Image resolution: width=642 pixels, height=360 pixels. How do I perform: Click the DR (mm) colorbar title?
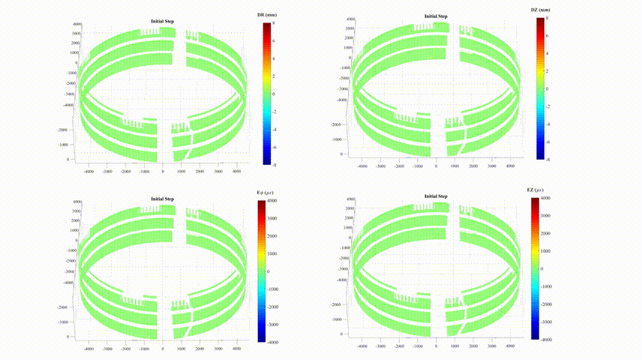click(x=266, y=15)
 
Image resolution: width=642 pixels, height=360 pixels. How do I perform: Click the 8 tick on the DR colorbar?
click(x=274, y=23)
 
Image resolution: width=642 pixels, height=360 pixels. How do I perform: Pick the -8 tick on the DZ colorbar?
click(x=547, y=159)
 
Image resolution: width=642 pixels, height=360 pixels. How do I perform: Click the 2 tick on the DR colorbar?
click(x=274, y=76)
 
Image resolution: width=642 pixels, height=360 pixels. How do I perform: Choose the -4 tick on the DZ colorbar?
click(x=547, y=124)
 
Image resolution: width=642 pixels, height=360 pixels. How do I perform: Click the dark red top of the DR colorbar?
click(x=266, y=26)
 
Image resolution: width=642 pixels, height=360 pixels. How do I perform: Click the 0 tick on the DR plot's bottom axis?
click(x=163, y=172)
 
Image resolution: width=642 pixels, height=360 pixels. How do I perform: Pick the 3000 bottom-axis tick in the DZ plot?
click(x=491, y=167)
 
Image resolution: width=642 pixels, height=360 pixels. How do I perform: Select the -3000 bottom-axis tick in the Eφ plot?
click(x=107, y=349)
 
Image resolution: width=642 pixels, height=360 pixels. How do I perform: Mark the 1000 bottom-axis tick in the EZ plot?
click(x=455, y=346)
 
